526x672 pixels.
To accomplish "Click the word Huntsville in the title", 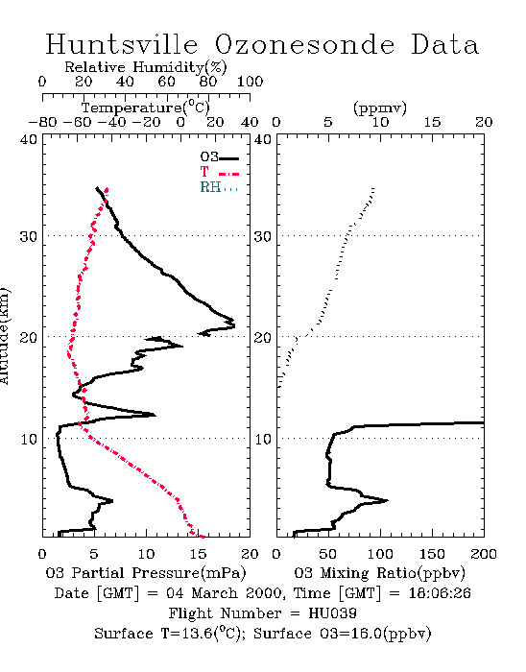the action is tap(122, 44).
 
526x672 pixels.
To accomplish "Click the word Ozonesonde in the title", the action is tap(303, 44).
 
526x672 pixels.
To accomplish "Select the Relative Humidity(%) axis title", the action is tap(145, 67).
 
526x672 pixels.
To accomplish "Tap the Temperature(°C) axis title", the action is tap(146, 108).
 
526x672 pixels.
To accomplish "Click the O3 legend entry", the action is tap(219, 157).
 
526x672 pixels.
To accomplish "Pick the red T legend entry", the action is tap(219, 172).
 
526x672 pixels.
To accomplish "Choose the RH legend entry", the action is tap(219, 187).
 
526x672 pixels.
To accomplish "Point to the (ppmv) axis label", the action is tap(380, 108).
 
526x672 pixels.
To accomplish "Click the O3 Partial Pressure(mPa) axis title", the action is tap(146, 573).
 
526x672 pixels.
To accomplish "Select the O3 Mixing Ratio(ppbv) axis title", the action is tap(379, 573).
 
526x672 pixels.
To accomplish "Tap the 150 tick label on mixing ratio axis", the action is tap(432, 554).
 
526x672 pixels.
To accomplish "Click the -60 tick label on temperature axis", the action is tap(77, 122).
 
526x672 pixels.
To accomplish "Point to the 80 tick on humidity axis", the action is tap(208, 82).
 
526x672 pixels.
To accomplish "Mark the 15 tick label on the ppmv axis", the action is tap(432, 122).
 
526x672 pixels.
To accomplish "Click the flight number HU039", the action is tap(332, 613).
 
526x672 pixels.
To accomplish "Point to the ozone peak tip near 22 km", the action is tap(234, 325).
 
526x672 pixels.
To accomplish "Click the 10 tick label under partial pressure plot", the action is tap(146, 554).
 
